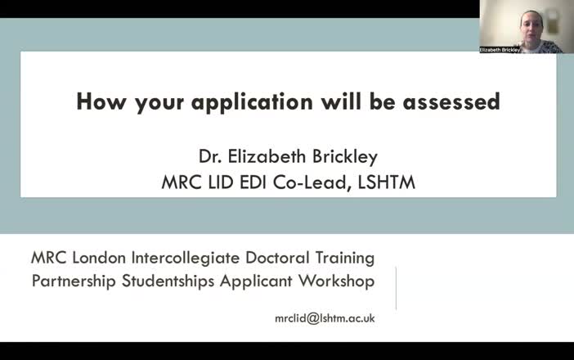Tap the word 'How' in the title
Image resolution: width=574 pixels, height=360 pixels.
tap(97, 102)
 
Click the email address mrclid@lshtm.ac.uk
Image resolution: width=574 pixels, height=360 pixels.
tap(325, 318)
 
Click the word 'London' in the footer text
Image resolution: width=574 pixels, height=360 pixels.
tap(101, 258)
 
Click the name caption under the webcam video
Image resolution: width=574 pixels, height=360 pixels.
tap(500, 49)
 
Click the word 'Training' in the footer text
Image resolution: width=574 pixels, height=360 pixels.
tap(344, 258)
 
